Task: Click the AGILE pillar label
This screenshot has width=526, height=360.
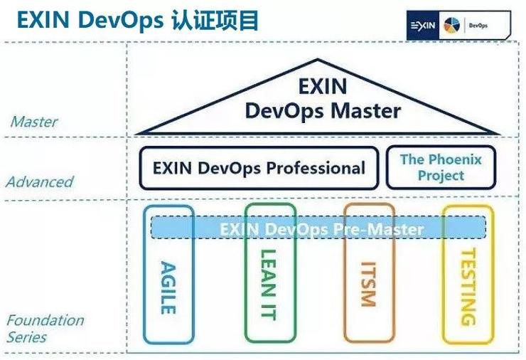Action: [x=168, y=288]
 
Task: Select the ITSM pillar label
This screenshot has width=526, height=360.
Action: [x=367, y=285]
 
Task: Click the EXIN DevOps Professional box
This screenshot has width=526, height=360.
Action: [x=259, y=169]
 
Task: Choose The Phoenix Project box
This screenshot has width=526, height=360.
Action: [x=441, y=167]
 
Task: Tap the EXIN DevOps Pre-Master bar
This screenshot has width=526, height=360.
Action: [x=321, y=229]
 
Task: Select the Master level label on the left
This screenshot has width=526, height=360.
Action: [x=33, y=122]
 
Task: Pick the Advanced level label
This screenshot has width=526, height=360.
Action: [x=40, y=181]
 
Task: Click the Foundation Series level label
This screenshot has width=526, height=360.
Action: [x=45, y=328]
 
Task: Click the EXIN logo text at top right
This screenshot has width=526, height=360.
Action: [x=424, y=26]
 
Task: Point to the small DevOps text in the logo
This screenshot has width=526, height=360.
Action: [x=478, y=26]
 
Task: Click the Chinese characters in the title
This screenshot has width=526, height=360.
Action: [x=215, y=20]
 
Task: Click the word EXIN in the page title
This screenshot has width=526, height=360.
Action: [x=41, y=20]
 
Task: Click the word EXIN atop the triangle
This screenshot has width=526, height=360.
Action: [x=322, y=87]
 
